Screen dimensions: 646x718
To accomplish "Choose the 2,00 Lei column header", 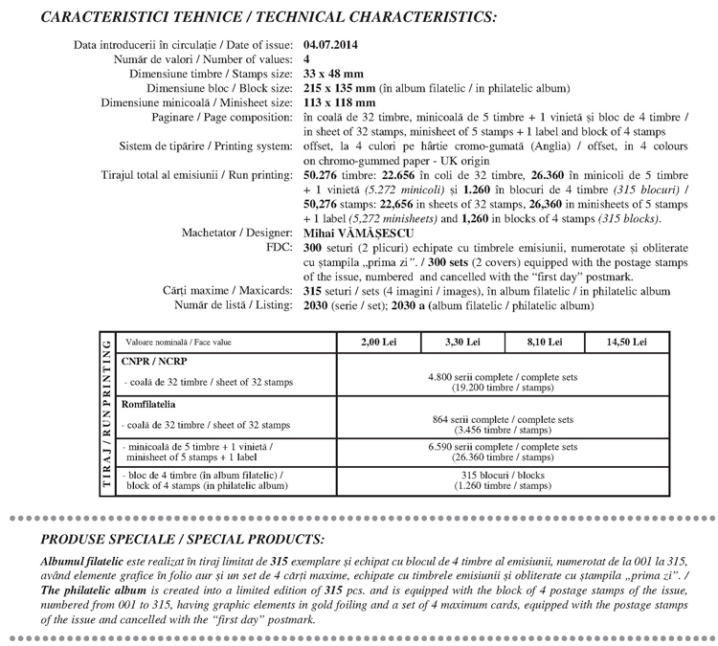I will (375, 342).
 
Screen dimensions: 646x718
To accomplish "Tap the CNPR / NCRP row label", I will (155, 364).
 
